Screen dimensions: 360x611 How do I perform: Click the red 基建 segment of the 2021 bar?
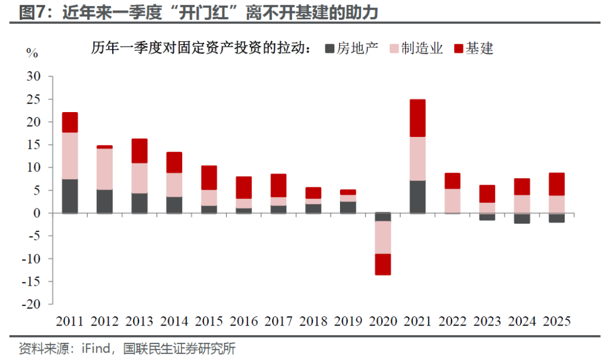pos(418,118)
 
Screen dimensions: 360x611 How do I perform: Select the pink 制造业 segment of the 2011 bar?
pos(70,156)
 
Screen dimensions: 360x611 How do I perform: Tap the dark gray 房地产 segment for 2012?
pos(105,201)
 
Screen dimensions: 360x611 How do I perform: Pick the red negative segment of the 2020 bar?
pos(383,264)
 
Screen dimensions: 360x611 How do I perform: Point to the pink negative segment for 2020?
pos(383,237)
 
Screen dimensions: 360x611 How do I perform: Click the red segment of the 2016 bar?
pos(244,187)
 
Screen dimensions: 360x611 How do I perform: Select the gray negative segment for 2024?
pos(522,218)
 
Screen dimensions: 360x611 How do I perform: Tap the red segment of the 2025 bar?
pos(557,184)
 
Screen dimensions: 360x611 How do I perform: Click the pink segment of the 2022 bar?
pos(453,201)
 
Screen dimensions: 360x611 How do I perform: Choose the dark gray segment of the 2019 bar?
pos(348,207)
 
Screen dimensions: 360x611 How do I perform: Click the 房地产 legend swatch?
pos(329,49)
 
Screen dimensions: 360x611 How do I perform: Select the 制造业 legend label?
pos(422,49)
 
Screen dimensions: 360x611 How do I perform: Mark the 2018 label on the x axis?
pos(313,322)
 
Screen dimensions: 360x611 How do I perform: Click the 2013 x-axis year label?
pos(139,322)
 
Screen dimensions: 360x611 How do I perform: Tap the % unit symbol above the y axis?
pos(32,53)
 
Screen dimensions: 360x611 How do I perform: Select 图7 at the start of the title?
pos(31,11)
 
